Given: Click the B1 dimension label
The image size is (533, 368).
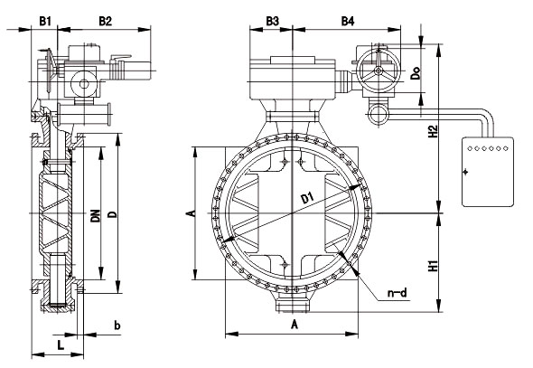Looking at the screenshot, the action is [x=45, y=22].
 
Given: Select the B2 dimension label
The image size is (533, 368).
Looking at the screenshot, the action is [x=105, y=22].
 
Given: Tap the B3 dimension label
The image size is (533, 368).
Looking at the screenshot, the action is [x=272, y=22].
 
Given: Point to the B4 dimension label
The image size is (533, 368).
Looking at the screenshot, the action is [x=348, y=22].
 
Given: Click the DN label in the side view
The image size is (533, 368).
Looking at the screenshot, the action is [x=96, y=215].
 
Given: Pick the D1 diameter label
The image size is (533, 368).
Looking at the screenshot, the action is [x=308, y=198].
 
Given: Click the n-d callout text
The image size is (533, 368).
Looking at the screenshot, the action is [x=397, y=292].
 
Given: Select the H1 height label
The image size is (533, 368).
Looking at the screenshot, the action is [x=432, y=266].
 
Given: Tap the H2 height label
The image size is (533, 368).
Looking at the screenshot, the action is [x=432, y=131].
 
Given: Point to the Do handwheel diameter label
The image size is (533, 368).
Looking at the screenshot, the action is [x=416, y=72].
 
